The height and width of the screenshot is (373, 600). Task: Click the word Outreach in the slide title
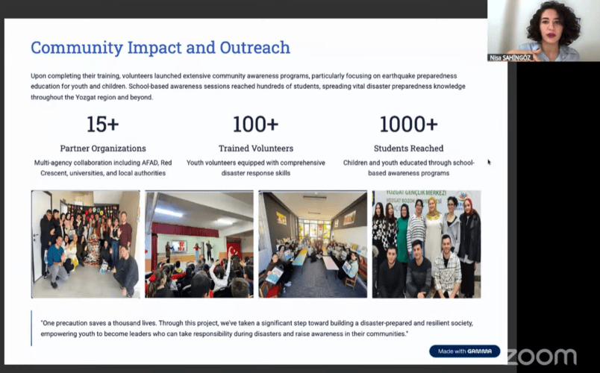[254, 48]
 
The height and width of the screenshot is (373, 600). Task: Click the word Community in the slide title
[77, 48]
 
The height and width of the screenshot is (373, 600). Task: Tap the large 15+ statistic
[102, 124]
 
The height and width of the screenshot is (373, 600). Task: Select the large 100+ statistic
[256, 124]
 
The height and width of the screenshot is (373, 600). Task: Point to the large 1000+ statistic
[408, 124]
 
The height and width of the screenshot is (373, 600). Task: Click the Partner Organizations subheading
[103, 148]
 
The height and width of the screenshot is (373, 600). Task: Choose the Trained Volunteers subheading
[256, 148]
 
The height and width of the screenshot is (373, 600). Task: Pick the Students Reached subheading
[409, 148]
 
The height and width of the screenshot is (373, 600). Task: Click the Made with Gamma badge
[464, 351]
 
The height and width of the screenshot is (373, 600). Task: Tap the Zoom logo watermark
[542, 357]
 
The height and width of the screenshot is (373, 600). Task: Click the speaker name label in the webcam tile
[510, 57]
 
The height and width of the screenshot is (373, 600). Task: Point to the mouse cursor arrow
[489, 162]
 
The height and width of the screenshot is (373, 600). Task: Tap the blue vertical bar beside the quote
[31, 328]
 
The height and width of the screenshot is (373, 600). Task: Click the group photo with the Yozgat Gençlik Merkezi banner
[427, 244]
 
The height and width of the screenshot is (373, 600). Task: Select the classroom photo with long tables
[313, 244]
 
